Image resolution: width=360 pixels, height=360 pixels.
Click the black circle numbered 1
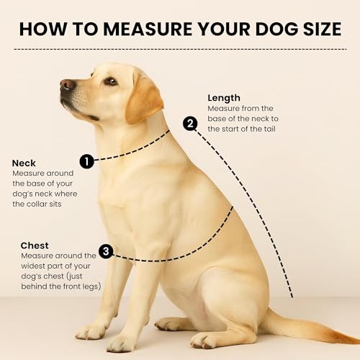tap(86, 161)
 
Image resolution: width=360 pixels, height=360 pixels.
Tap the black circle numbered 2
tap(190, 124)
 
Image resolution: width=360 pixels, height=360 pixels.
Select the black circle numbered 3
tap(106, 251)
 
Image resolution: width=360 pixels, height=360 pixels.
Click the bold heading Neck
tap(24, 163)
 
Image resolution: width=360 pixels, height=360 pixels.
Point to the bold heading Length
tap(224, 98)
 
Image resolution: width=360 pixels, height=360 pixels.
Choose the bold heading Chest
tap(35, 246)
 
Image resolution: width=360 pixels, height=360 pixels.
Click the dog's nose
tap(67, 85)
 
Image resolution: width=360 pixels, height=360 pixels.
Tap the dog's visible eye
tap(111, 81)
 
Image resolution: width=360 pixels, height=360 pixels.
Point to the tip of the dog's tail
tap(359, 341)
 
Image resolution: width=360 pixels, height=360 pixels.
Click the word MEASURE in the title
tap(148, 29)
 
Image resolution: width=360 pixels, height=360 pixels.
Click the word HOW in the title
tap(43, 29)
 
